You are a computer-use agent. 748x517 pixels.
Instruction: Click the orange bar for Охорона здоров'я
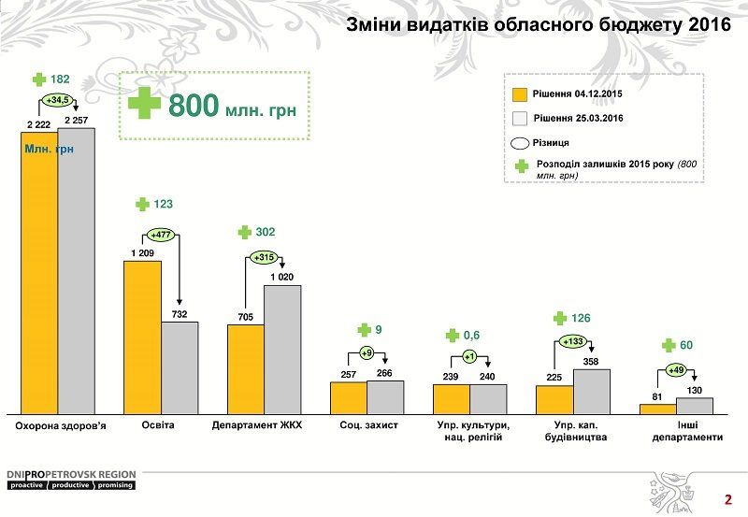[39, 271]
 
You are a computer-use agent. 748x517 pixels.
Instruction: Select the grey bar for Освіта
[180, 367]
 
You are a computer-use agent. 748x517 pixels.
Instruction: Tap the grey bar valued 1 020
[282, 349]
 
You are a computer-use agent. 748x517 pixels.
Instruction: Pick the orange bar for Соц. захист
[348, 397]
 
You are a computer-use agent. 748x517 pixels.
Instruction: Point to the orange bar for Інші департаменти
[657, 408]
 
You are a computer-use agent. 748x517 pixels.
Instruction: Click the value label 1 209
[142, 252]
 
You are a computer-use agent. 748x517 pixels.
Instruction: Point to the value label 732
[180, 314]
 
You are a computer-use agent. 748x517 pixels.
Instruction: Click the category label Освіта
[142, 425]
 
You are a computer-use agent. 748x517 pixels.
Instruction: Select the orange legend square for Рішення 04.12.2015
[521, 94]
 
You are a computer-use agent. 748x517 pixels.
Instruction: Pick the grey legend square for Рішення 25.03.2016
[521, 119]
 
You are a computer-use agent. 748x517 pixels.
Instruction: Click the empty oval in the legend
[521, 143]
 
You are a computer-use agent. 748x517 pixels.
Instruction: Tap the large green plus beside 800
[144, 104]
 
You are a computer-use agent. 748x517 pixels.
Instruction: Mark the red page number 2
[727, 498]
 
